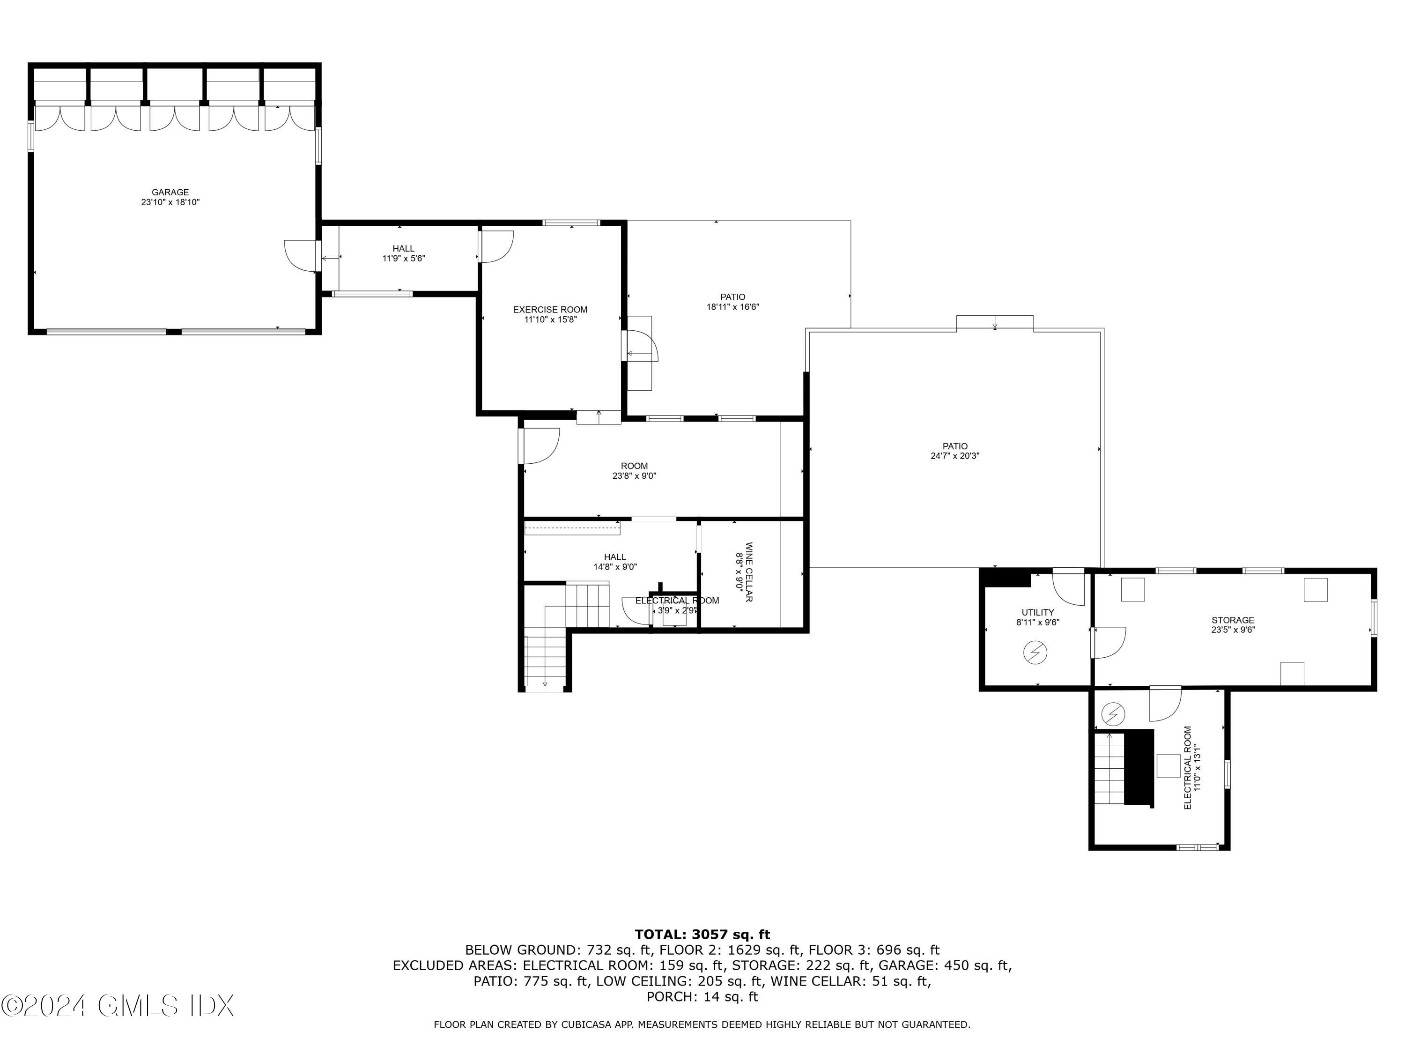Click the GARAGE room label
[x=170, y=193]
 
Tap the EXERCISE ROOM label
[x=550, y=310]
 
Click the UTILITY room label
[x=1037, y=612]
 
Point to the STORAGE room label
[x=1232, y=620]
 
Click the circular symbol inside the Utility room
[x=1035, y=653]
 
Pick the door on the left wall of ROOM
[x=540, y=446]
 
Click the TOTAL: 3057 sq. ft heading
[x=702, y=935]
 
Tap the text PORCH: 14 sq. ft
[x=702, y=996]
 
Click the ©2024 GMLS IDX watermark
[x=118, y=1006]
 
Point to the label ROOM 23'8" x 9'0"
[x=634, y=471]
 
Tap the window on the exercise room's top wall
[x=571, y=223]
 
